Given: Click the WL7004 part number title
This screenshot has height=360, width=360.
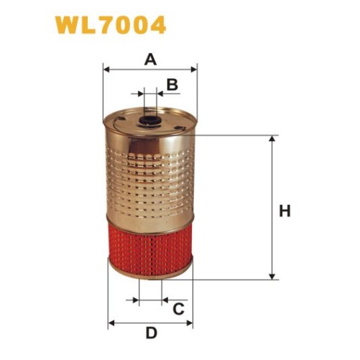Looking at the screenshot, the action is coord(111,25).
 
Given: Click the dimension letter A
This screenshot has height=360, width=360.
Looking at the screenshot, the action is coord(150,60).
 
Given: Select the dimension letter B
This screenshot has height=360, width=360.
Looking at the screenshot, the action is coord(172,85).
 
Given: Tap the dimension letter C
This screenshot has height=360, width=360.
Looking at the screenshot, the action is coord(178,309).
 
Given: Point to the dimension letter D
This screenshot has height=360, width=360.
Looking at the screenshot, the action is coord(152,333).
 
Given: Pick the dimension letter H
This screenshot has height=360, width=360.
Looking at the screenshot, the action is coord(285,211).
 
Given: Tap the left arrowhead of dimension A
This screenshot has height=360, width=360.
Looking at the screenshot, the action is coord(106,70).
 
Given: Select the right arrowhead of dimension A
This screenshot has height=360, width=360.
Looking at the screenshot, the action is coord(193,70).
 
